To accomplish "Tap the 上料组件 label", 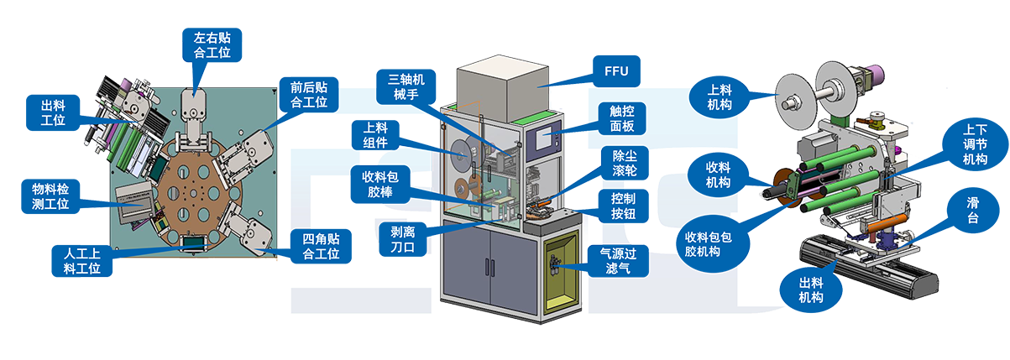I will point(374,136).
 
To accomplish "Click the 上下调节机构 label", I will point(975,145).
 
